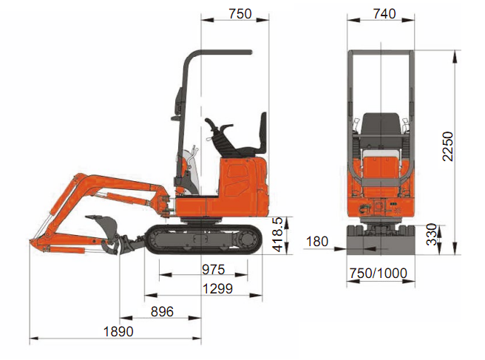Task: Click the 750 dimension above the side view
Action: coord(240,14)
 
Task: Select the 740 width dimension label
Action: coord(384,14)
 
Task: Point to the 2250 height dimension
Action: coord(447,146)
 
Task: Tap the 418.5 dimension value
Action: coord(277,234)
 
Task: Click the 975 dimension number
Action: coord(214,269)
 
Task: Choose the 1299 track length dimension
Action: coord(217,289)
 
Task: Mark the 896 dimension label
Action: coord(162,311)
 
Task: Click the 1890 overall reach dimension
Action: coord(118,332)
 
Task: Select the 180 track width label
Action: coord(317,242)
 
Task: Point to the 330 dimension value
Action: coord(432,234)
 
